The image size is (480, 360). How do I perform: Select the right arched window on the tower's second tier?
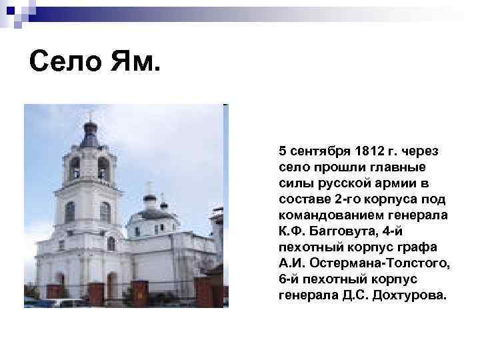click(x=105, y=211)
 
